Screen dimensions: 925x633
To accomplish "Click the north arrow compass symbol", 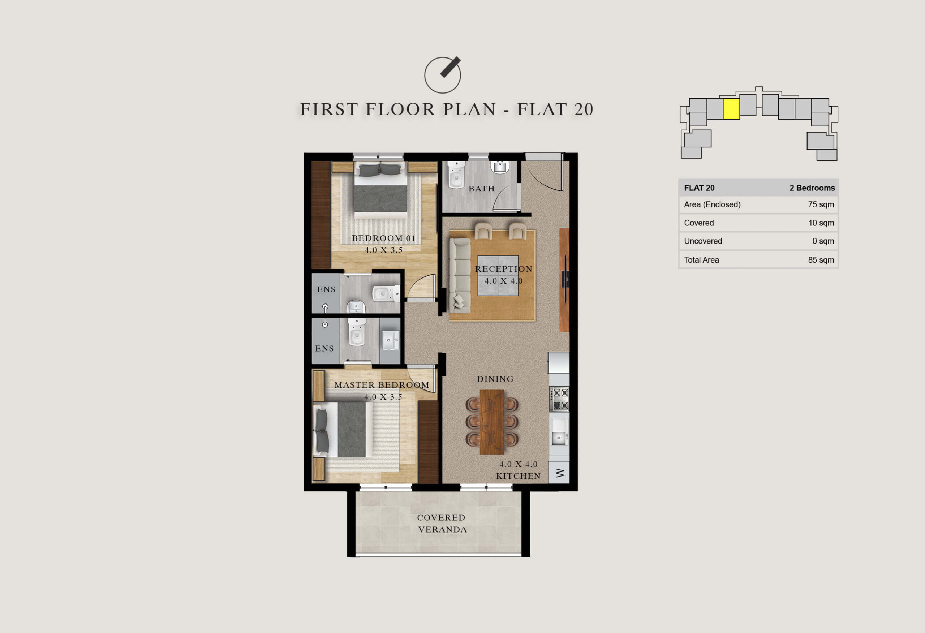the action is (443, 75).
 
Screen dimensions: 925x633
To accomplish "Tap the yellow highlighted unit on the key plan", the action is (731, 109).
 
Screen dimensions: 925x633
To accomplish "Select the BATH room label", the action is (482, 189).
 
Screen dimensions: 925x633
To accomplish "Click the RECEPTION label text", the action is (503, 269).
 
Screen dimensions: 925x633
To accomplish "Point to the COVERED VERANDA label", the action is (442, 524).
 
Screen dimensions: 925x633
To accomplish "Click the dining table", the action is (492, 422).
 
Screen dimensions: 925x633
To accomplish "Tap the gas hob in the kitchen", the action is (559, 399).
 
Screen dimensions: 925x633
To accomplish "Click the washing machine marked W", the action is (559, 473).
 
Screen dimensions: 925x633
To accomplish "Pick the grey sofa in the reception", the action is (460, 275).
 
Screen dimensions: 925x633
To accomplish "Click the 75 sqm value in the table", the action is (821, 204).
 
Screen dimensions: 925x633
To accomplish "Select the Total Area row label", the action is (701, 260).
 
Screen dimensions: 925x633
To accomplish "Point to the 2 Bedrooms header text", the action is (812, 188).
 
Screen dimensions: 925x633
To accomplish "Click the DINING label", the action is (495, 379).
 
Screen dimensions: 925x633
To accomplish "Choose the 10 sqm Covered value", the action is (821, 223).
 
